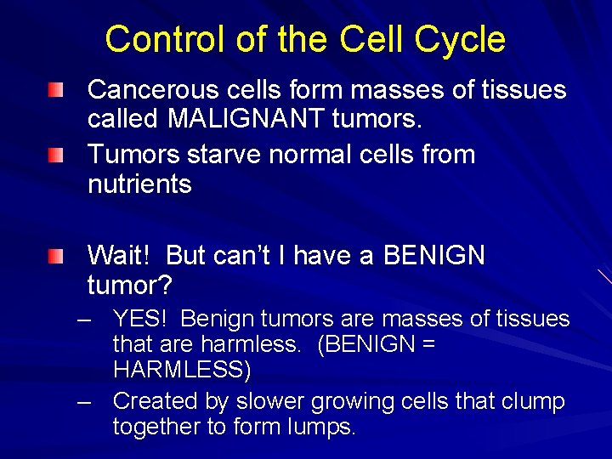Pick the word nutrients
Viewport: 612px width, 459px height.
point(139,184)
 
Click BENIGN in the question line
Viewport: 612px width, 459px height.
point(433,255)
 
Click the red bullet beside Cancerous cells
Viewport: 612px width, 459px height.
point(55,89)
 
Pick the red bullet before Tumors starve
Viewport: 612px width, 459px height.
point(55,155)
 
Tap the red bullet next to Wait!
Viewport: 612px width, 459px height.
point(55,255)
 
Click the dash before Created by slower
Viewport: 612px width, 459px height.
point(83,400)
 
